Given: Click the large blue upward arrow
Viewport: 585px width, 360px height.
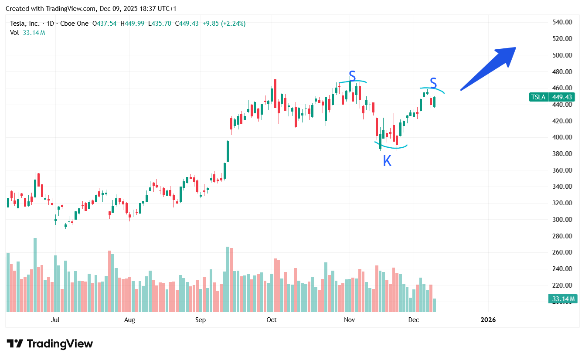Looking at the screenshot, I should pos(489,68).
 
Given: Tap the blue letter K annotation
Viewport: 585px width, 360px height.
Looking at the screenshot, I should pos(387,161).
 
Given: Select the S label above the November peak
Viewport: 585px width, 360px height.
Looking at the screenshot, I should pos(352,75).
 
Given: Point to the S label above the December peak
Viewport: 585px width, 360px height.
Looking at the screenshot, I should pos(433,82).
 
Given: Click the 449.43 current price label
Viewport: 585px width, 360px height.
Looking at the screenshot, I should pos(563,97).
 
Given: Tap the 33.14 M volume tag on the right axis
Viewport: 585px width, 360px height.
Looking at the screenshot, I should pos(562,299).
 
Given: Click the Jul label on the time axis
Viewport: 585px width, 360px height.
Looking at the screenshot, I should pos(55,320).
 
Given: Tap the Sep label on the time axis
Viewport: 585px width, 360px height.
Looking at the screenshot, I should pos(200,320).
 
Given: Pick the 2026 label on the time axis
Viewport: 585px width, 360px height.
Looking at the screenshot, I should pos(488,320).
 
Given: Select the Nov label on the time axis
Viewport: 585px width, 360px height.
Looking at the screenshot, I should pos(349,320).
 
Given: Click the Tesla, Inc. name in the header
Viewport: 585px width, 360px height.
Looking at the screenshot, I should pos(25,24).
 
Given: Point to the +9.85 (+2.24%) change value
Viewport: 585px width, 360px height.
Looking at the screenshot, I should pos(224,24).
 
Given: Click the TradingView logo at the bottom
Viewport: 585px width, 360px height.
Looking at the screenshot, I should pos(50,343).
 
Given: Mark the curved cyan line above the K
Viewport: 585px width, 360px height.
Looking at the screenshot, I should pos(391,146).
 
